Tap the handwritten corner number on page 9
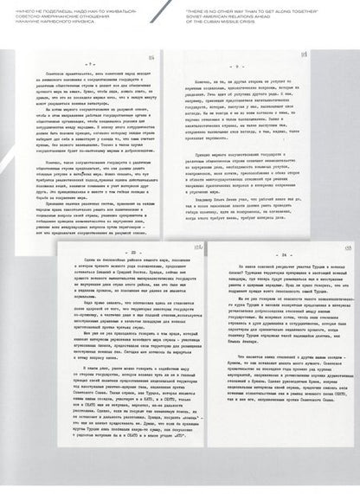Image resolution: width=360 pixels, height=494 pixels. click(340, 56)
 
